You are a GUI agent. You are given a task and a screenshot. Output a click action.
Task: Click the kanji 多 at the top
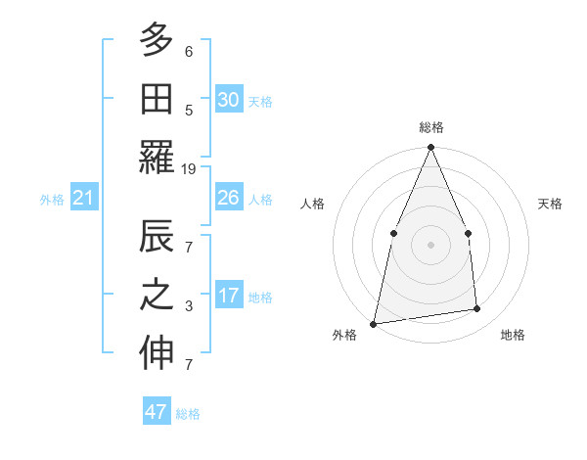point(157,41)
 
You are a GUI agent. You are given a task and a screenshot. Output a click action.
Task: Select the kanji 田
point(157,99)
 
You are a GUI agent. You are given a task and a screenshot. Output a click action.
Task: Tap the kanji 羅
point(157,158)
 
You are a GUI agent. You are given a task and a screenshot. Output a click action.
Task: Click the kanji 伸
point(157,355)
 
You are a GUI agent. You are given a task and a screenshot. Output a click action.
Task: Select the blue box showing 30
point(228,100)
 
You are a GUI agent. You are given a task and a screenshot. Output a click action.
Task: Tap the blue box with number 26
point(228,198)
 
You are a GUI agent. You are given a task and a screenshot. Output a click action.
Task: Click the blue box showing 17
point(228,296)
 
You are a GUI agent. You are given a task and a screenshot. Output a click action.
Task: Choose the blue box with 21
point(84,199)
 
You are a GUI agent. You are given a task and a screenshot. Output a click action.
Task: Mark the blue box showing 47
point(157,412)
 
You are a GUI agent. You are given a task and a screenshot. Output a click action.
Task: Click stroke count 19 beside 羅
point(189,169)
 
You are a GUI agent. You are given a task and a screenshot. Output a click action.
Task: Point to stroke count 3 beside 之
point(189,307)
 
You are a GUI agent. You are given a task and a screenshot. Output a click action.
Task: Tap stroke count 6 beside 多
point(189,51)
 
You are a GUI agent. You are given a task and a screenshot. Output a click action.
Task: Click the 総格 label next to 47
point(188,414)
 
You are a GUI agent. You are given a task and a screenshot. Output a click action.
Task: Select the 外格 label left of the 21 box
point(52,200)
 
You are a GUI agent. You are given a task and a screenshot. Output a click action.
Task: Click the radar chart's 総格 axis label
point(430,127)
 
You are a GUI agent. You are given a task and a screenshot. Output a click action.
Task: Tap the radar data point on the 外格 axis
point(374,323)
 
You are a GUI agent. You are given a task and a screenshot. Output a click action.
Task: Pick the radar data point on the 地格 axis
point(477,309)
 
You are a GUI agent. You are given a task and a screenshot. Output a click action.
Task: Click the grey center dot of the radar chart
point(430,244)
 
